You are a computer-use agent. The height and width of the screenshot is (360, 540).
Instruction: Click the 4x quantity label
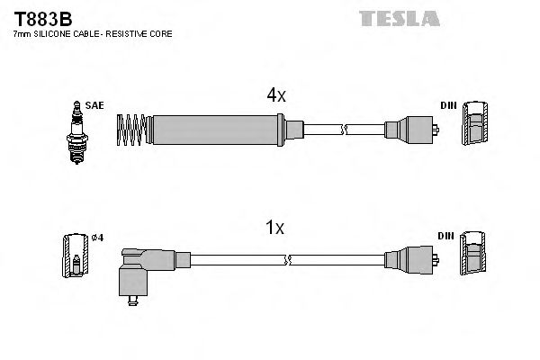click(275, 95)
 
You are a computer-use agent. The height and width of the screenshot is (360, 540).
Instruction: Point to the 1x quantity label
click(275, 229)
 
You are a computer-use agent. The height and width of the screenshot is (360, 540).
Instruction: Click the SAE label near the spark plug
click(94, 105)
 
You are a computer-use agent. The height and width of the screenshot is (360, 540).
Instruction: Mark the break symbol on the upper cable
click(344, 130)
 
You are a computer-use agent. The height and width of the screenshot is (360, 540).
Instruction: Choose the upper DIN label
click(447, 105)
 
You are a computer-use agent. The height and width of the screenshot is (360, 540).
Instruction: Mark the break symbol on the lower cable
click(287, 260)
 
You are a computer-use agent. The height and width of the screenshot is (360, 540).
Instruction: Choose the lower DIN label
click(447, 236)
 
